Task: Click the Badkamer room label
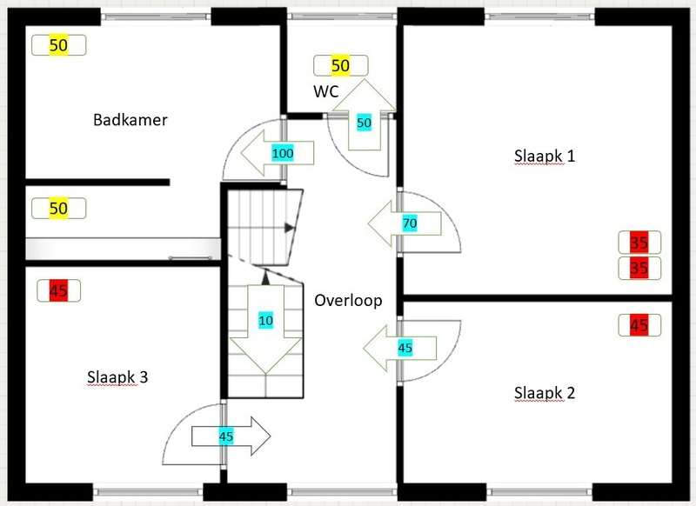(130, 120)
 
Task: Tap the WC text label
(327, 90)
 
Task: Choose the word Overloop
(345, 303)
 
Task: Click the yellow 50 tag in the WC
(340, 65)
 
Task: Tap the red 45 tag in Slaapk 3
(59, 290)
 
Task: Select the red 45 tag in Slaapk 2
(639, 326)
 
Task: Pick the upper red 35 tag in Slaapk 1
(639, 243)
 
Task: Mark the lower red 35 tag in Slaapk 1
(639, 268)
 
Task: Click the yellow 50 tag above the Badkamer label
(57, 45)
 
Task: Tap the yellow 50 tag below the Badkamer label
(58, 209)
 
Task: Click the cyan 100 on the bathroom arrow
(283, 154)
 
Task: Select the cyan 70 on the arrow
(409, 224)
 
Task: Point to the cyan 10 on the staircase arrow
(265, 321)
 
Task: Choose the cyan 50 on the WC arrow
(365, 123)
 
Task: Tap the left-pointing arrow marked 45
(396, 348)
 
